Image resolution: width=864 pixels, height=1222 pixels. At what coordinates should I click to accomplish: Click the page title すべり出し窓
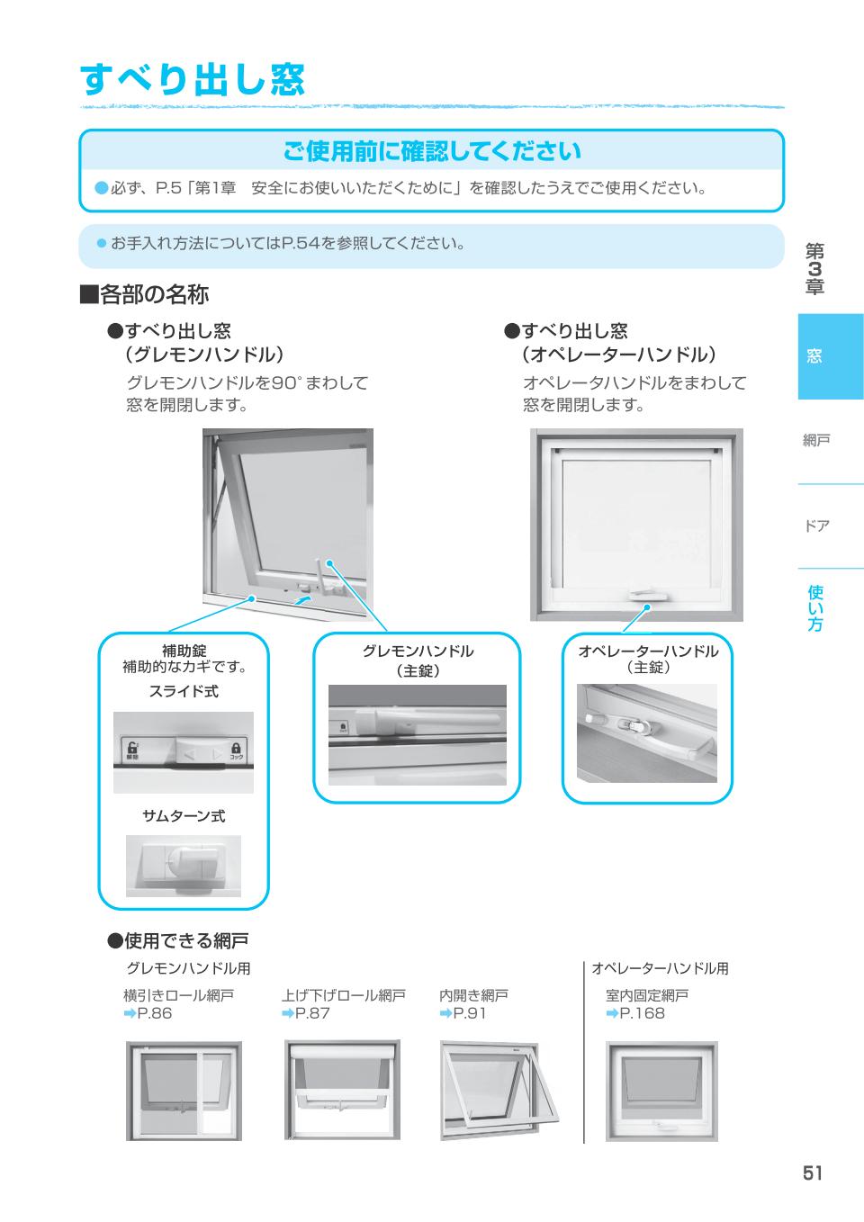[x=193, y=80]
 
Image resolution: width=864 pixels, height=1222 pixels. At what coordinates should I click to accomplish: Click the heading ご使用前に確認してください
[x=431, y=151]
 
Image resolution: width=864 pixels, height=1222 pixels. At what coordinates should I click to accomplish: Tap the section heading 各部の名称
[x=145, y=294]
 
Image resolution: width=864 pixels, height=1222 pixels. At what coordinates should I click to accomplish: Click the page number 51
[x=812, y=1173]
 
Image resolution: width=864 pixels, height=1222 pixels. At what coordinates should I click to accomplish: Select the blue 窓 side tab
[x=830, y=356]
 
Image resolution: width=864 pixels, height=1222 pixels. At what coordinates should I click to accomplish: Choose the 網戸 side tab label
[x=816, y=440]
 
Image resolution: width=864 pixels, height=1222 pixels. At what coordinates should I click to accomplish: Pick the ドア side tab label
[x=816, y=526]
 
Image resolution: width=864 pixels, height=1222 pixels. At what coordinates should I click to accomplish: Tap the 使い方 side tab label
[x=814, y=608]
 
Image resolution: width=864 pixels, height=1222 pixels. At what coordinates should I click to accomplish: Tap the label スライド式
[x=184, y=691]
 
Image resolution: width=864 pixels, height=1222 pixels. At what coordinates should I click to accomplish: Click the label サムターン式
[x=184, y=815]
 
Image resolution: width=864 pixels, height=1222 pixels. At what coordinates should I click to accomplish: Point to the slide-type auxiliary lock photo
[x=184, y=752]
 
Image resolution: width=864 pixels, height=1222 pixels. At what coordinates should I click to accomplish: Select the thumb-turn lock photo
[x=184, y=866]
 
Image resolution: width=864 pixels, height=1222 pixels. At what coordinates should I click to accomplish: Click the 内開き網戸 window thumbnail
[x=499, y=1091]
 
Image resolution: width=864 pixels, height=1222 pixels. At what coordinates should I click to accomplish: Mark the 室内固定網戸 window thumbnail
[x=661, y=1091]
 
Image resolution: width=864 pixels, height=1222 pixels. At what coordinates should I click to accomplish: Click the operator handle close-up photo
[x=647, y=733]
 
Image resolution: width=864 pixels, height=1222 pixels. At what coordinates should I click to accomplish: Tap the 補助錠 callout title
[x=184, y=651]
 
